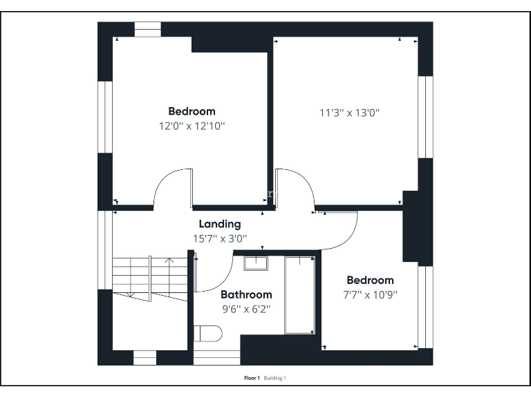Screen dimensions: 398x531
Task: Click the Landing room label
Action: (x=220, y=224)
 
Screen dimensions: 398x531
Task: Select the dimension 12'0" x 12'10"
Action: (x=192, y=126)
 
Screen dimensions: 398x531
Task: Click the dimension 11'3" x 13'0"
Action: (x=350, y=113)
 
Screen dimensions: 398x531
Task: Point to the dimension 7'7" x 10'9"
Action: (x=370, y=294)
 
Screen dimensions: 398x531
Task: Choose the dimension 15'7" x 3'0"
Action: (x=220, y=238)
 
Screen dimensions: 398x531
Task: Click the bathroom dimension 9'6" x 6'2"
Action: (x=245, y=309)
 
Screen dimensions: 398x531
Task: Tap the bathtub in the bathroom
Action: (x=299, y=294)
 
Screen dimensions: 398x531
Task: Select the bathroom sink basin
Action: (x=256, y=262)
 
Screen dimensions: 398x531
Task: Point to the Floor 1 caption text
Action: (x=252, y=378)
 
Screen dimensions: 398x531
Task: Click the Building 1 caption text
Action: (x=274, y=378)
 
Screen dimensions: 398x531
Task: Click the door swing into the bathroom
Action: (x=214, y=274)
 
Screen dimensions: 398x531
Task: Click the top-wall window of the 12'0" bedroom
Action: (x=147, y=29)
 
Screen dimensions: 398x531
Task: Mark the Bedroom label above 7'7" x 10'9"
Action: (x=370, y=280)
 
